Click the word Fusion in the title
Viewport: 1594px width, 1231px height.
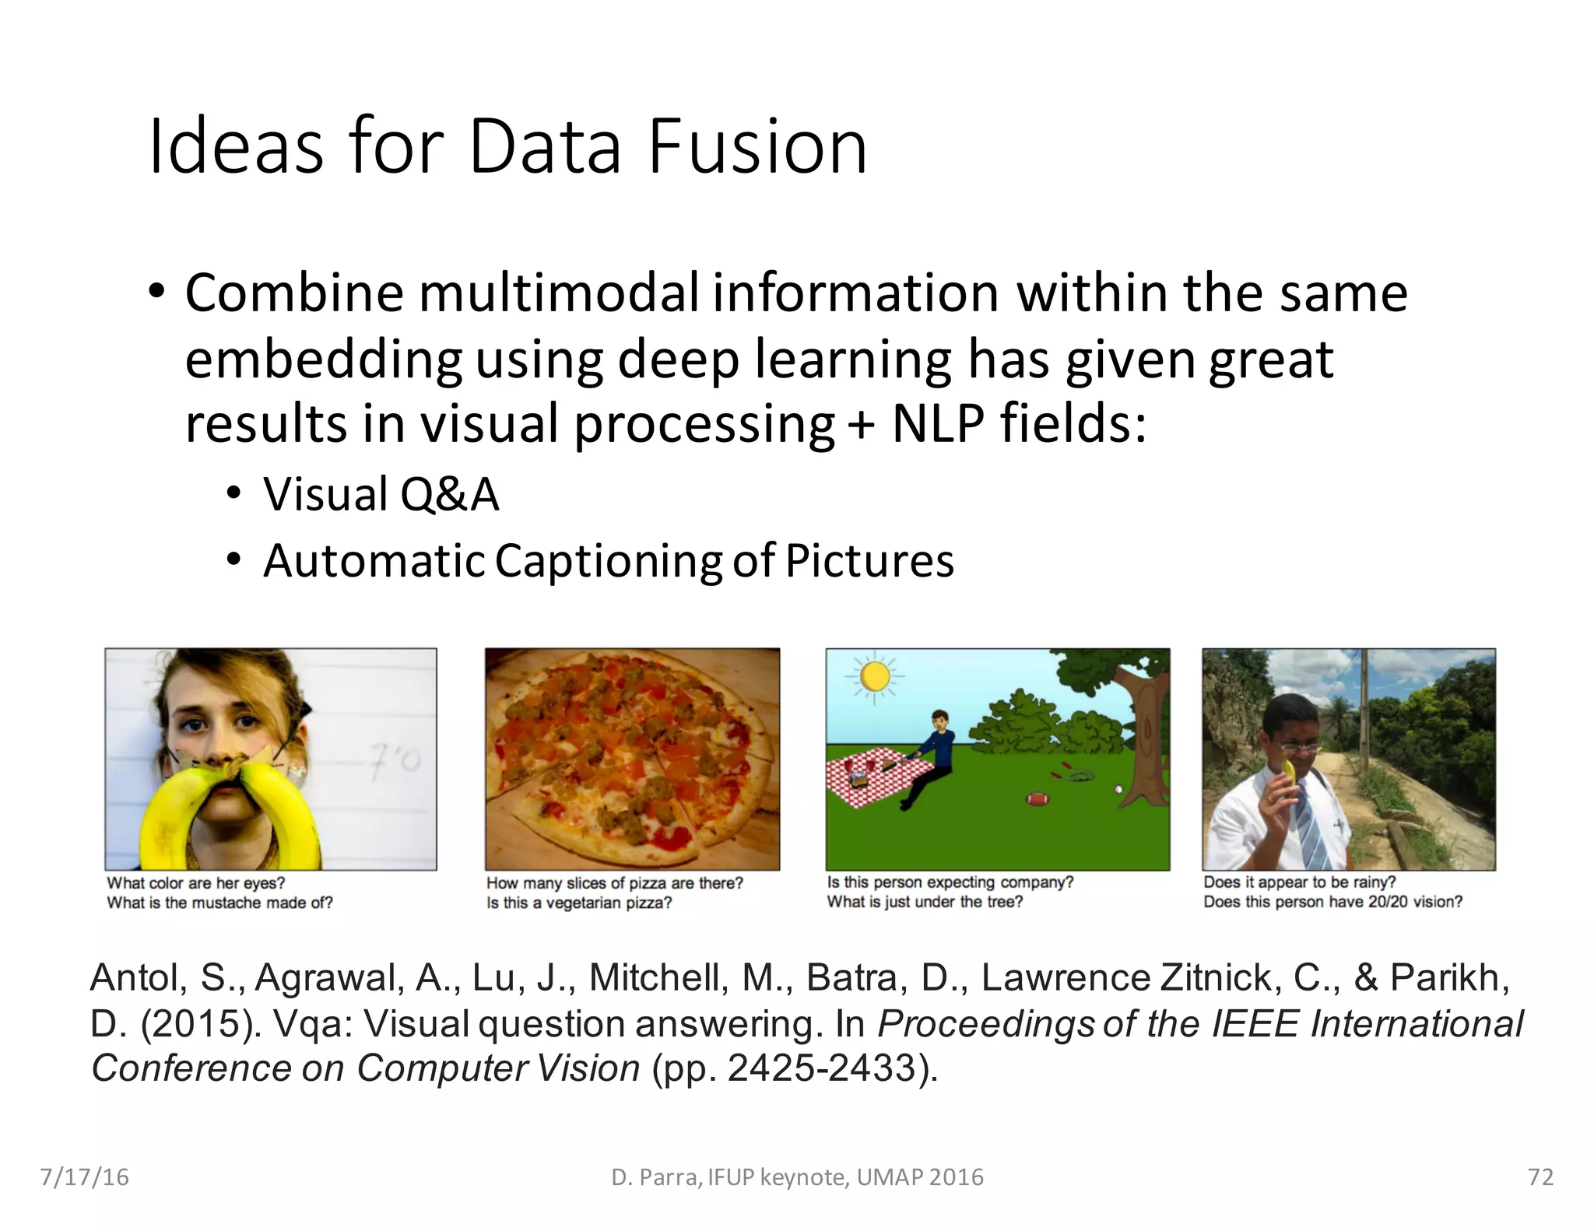point(757,146)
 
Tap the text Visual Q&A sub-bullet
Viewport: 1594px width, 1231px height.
point(381,494)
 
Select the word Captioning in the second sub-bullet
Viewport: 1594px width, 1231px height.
point(608,560)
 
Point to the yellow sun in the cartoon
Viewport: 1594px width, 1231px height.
point(875,676)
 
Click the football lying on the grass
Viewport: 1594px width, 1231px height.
point(1038,798)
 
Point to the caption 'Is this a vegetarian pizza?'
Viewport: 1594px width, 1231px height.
point(579,903)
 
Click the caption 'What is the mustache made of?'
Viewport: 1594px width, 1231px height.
point(219,903)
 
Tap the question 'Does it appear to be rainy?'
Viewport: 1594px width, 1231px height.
point(1299,882)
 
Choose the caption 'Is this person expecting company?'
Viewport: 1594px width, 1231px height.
point(950,882)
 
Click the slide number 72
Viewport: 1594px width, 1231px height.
point(1540,1177)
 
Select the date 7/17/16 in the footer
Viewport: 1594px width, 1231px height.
point(84,1177)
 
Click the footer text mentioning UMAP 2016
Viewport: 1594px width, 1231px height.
point(797,1177)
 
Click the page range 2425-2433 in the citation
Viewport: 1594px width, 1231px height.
point(821,1068)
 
